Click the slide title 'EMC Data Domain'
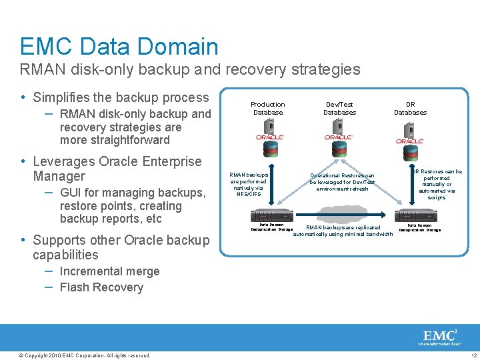119,46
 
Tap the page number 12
473,355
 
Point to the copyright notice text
85,355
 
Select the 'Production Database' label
267,108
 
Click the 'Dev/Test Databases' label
339,108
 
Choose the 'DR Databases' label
410,108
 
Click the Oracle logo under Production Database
270,137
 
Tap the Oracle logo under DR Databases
409,141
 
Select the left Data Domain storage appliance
271,216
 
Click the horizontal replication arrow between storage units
345,216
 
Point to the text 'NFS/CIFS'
248,194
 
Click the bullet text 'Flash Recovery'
101,287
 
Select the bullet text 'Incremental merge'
109,271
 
